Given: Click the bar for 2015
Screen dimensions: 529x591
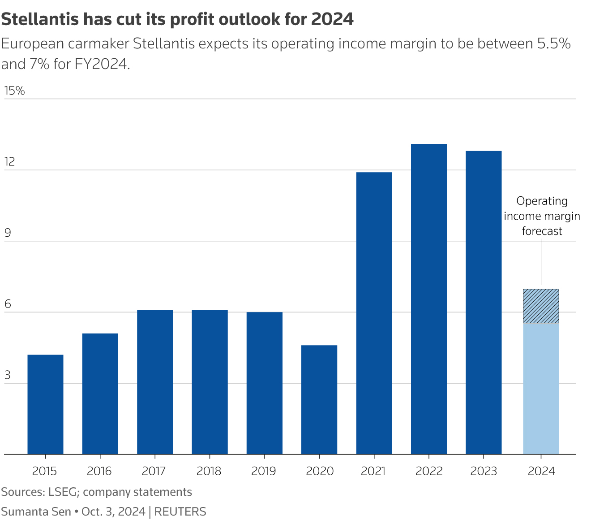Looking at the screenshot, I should click(45, 404).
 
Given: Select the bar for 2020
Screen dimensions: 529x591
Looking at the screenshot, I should click(319, 399).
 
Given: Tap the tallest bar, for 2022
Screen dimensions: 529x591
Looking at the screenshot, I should click(428, 299).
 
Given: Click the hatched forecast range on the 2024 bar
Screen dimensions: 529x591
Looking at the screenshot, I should click(541, 306).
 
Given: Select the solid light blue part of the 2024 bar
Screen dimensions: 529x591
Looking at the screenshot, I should click(541, 388).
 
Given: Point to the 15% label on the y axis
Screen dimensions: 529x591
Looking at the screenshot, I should click(14, 91).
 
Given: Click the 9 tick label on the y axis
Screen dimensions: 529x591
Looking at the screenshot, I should click(7, 233).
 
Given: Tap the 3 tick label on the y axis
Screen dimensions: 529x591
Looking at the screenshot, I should click(7, 375).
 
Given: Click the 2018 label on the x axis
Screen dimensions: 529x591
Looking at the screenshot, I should click(209, 471).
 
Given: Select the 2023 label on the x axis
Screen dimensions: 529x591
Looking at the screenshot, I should click(484, 471).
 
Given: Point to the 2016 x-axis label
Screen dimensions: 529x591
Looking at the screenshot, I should click(99, 471).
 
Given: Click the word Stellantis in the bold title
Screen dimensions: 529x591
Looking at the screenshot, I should click(41, 19).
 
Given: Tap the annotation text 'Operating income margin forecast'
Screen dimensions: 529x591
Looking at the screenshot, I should click(542, 216).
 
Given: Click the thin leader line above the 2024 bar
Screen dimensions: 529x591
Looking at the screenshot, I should click(541, 262).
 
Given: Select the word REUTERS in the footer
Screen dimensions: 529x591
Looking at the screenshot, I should click(180, 512).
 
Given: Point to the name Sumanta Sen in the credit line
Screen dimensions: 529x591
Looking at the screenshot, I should click(36, 512).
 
